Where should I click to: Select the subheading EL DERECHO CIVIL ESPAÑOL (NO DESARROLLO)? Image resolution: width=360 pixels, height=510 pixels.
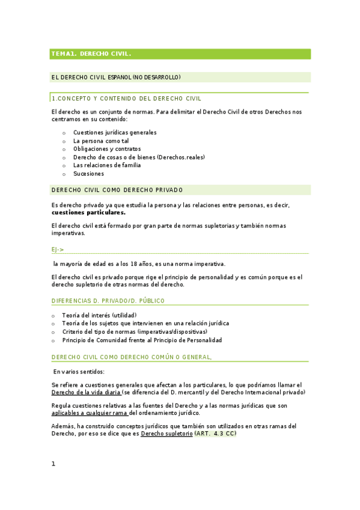[x=116, y=77]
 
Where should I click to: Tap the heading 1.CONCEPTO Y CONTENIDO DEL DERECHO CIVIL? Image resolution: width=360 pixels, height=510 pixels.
[x=127, y=98]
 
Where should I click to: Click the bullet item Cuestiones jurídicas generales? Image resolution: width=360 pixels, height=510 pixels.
[x=115, y=132]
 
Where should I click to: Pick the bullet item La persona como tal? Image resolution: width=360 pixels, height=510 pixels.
[x=101, y=141]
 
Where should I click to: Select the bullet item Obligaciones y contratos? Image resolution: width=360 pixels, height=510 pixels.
[x=107, y=149]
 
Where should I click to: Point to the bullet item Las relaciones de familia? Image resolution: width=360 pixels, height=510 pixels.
[x=107, y=165]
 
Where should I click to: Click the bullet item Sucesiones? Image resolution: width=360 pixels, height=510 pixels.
[x=88, y=174]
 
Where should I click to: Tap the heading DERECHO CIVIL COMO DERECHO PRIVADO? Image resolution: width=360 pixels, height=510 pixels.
[x=118, y=190]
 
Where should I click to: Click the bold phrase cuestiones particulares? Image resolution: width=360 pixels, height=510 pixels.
[x=88, y=212]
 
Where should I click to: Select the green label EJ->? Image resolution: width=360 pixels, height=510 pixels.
[x=58, y=249]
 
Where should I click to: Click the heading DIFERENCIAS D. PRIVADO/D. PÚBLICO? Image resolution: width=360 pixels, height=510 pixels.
[x=108, y=300]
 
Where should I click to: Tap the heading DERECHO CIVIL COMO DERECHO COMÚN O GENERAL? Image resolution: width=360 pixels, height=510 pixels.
[x=132, y=357]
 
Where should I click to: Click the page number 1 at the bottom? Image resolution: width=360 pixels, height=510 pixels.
[x=53, y=464]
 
